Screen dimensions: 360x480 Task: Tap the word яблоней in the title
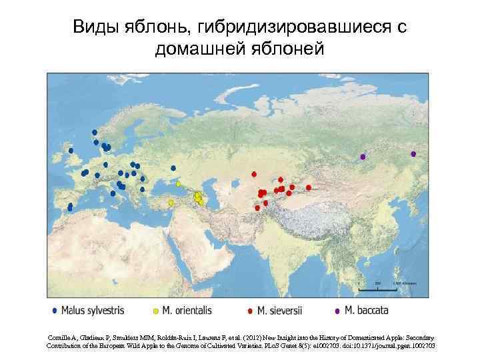pyautogui.click(x=292, y=49)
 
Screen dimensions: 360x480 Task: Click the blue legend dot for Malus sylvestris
pyautogui.click(x=53, y=310)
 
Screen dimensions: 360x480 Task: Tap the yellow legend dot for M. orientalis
pyautogui.click(x=155, y=310)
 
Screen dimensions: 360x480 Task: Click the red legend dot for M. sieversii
pyautogui.click(x=250, y=310)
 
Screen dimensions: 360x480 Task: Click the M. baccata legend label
pyautogui.click(x=365, y=310)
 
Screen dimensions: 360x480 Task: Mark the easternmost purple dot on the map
pyautogui.click(x=413, y=154)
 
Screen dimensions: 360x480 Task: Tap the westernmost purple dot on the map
pyautogui.click(x=363, y=157)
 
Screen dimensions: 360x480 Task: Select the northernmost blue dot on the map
pyautogui.click(x=95, y=132)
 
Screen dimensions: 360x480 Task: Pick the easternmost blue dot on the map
pyautogui.click(x=173, y=168)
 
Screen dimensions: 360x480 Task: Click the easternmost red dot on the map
pyautogui.click(x=308, y=188)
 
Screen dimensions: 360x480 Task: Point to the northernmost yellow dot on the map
pyautogui.click(x=178, y=183)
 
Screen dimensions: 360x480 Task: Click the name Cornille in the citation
pyautogui.click(x=63, y=338)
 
